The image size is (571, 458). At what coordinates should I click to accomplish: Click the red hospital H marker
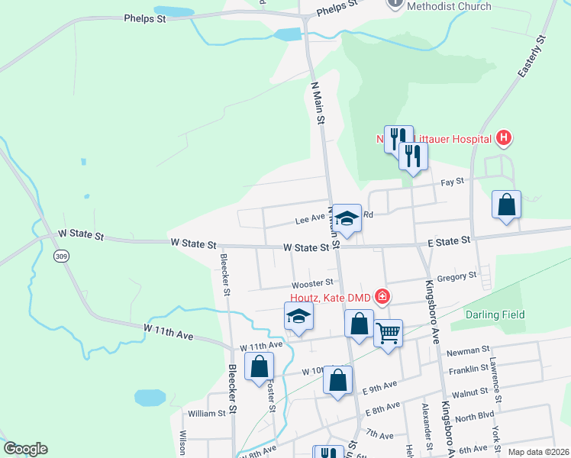click(503, 138)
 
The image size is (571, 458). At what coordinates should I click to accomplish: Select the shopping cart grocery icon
click(389, 333)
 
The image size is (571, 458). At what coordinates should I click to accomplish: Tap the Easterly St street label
click(532, 56)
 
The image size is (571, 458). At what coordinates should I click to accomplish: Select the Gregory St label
click(457, 275)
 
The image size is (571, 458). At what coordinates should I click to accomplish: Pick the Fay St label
click(453, 182)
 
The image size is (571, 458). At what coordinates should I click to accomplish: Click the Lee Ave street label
click(311, 221)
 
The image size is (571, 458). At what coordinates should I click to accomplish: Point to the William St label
click(207, 413)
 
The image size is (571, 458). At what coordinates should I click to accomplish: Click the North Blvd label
click(474, 419)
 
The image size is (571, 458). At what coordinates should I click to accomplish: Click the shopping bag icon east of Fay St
click(506, 205)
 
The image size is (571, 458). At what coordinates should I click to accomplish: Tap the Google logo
click(25, 449)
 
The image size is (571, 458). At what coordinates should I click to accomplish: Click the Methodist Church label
click(449, 6)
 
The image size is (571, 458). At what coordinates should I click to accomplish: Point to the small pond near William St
click(150, 398)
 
